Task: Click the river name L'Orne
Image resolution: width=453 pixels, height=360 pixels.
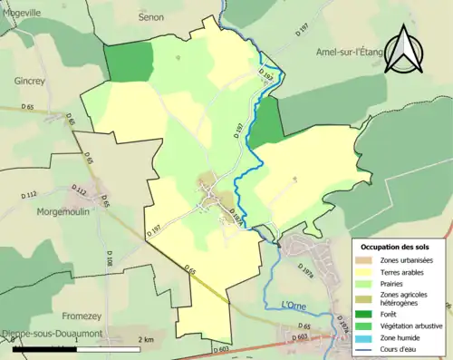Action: (295, 304)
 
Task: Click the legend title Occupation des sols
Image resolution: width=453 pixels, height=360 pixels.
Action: (400, 246)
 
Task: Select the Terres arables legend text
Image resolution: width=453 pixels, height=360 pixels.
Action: (407, 271)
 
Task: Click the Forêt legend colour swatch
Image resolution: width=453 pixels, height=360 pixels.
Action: (367, 315)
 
